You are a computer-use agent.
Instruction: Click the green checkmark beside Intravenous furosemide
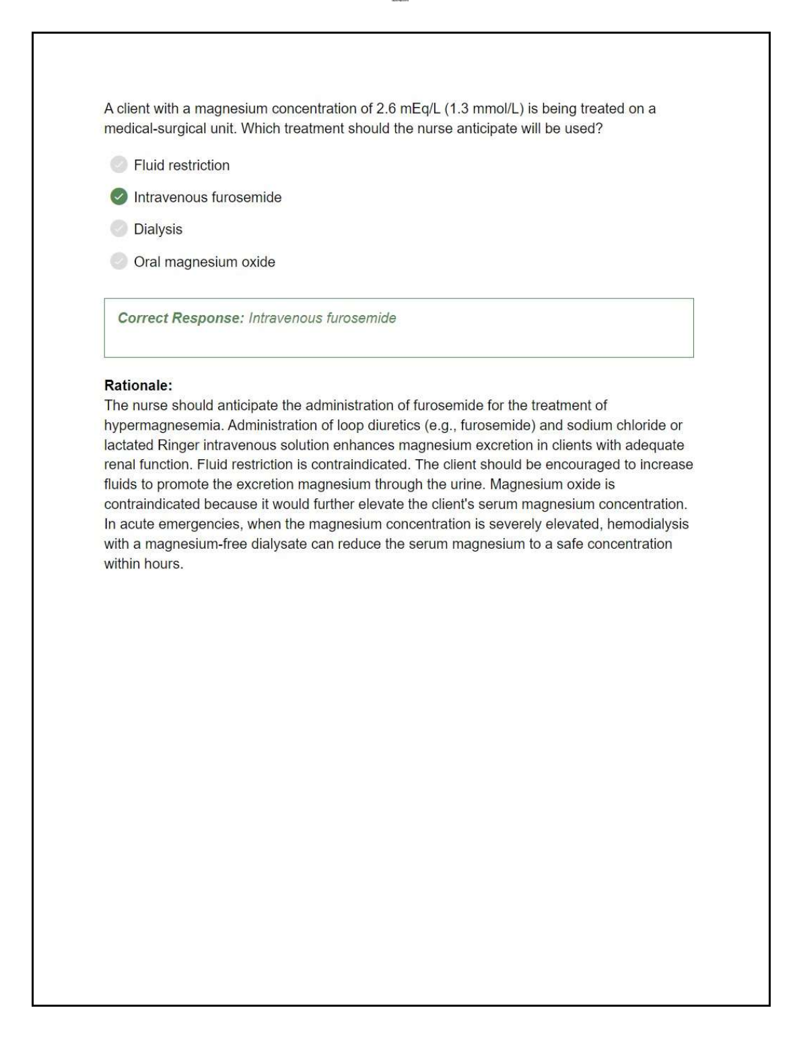(x=118, y=197)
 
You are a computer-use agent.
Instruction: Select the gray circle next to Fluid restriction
(x=118, y=164)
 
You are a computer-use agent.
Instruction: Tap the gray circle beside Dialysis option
(x=118, y=229)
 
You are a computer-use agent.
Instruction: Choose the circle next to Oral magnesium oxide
(x=118, y=261)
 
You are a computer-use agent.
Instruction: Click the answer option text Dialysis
(x=158, y=229)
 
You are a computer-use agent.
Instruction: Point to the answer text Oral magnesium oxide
(x=204, y=262)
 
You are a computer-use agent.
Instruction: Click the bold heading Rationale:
(x=138, y=386)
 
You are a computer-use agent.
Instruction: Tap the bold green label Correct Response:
(x=180, y=318)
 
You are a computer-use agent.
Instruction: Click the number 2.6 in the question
(x=386, y=109)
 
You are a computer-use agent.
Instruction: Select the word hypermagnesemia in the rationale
(x=162, y=426)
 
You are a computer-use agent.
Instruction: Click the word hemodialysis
(x=648, y=524)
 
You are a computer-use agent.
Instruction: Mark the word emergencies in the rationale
(x=200, y=524)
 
